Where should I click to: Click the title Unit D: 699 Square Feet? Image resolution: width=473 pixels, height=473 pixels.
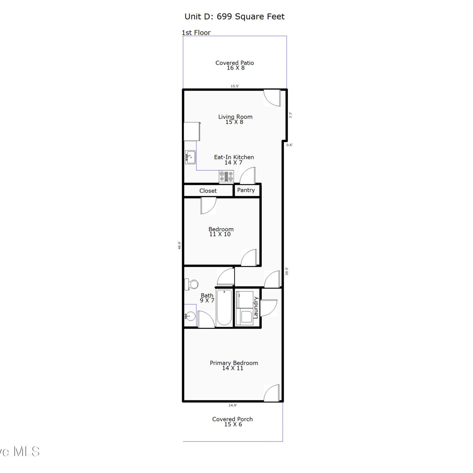(x=235, y=17)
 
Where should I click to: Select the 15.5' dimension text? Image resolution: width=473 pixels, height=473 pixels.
(x=235, y=86)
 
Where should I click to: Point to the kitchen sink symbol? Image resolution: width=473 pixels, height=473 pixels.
(x=190, y=157)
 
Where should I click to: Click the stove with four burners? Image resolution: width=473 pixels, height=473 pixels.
(x=226, y=176)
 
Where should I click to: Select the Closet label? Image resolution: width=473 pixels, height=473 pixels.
(x=208, y=191)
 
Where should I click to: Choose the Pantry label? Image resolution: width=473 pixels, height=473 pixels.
(x=246, y=190)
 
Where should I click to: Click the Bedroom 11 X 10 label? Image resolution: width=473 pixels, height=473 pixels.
(x=221, y=231)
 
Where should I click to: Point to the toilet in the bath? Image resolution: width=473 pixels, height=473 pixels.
(x=191, y=284)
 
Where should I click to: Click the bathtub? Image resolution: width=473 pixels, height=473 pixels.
(x=224, y=307)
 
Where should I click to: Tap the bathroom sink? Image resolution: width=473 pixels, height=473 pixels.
(x=190, y=315)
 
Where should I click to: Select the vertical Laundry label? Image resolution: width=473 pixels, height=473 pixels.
(x=256, y=307)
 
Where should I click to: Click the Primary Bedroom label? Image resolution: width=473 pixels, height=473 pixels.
(x=234, y=365)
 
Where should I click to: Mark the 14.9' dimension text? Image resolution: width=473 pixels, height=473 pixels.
(x=233, y=406)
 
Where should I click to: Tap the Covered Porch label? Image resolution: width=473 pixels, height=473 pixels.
(x=232, y=422)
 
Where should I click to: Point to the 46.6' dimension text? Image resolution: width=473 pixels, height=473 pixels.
(x=179, y=245)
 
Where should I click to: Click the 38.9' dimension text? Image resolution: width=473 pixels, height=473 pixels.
(x=287, y=271)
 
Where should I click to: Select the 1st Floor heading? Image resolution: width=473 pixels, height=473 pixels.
(x=196, y=32)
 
